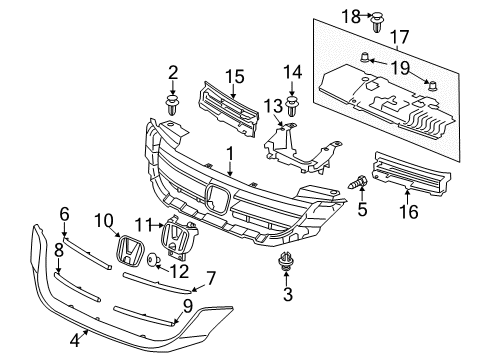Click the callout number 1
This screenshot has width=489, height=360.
tap(229, 153)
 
